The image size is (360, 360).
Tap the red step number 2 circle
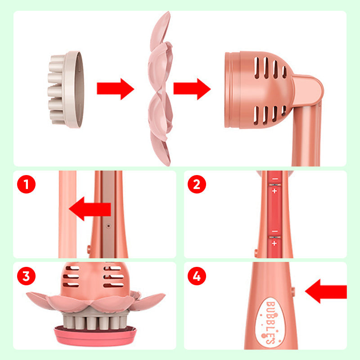(x=197, y=184)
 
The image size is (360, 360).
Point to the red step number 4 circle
(x=197, y=276)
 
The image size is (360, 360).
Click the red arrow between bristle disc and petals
(x=115, y=89)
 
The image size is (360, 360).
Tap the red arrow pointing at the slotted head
(x=192, y=89)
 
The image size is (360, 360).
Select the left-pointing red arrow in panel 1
(x=90, y=210)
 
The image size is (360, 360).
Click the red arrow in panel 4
(x=326, y=291)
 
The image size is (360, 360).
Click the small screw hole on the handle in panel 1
(x=108, y=222)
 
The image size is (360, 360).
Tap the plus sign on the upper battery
(x=274, y=191)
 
